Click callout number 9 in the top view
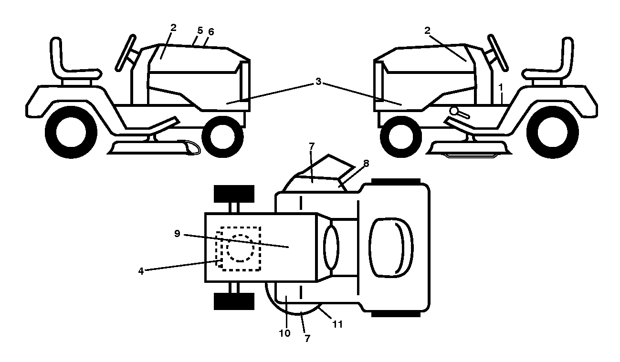[177, 234]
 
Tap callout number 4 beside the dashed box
[141, 271]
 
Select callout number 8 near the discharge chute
[366, 164]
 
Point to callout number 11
[337, 324]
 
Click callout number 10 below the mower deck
[284, 333]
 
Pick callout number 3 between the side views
[318, 82]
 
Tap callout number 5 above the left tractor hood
[200, 31]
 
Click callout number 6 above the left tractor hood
[211, 32]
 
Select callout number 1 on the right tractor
[501, 87]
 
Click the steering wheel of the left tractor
[125, 53]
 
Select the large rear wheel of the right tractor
[553, 132]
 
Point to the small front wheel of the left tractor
[222, 136]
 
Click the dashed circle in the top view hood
[240, 248]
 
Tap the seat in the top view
[391, 248]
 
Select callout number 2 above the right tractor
[427, 31]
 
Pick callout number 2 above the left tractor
[173, 28]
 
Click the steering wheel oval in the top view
[331, 247]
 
